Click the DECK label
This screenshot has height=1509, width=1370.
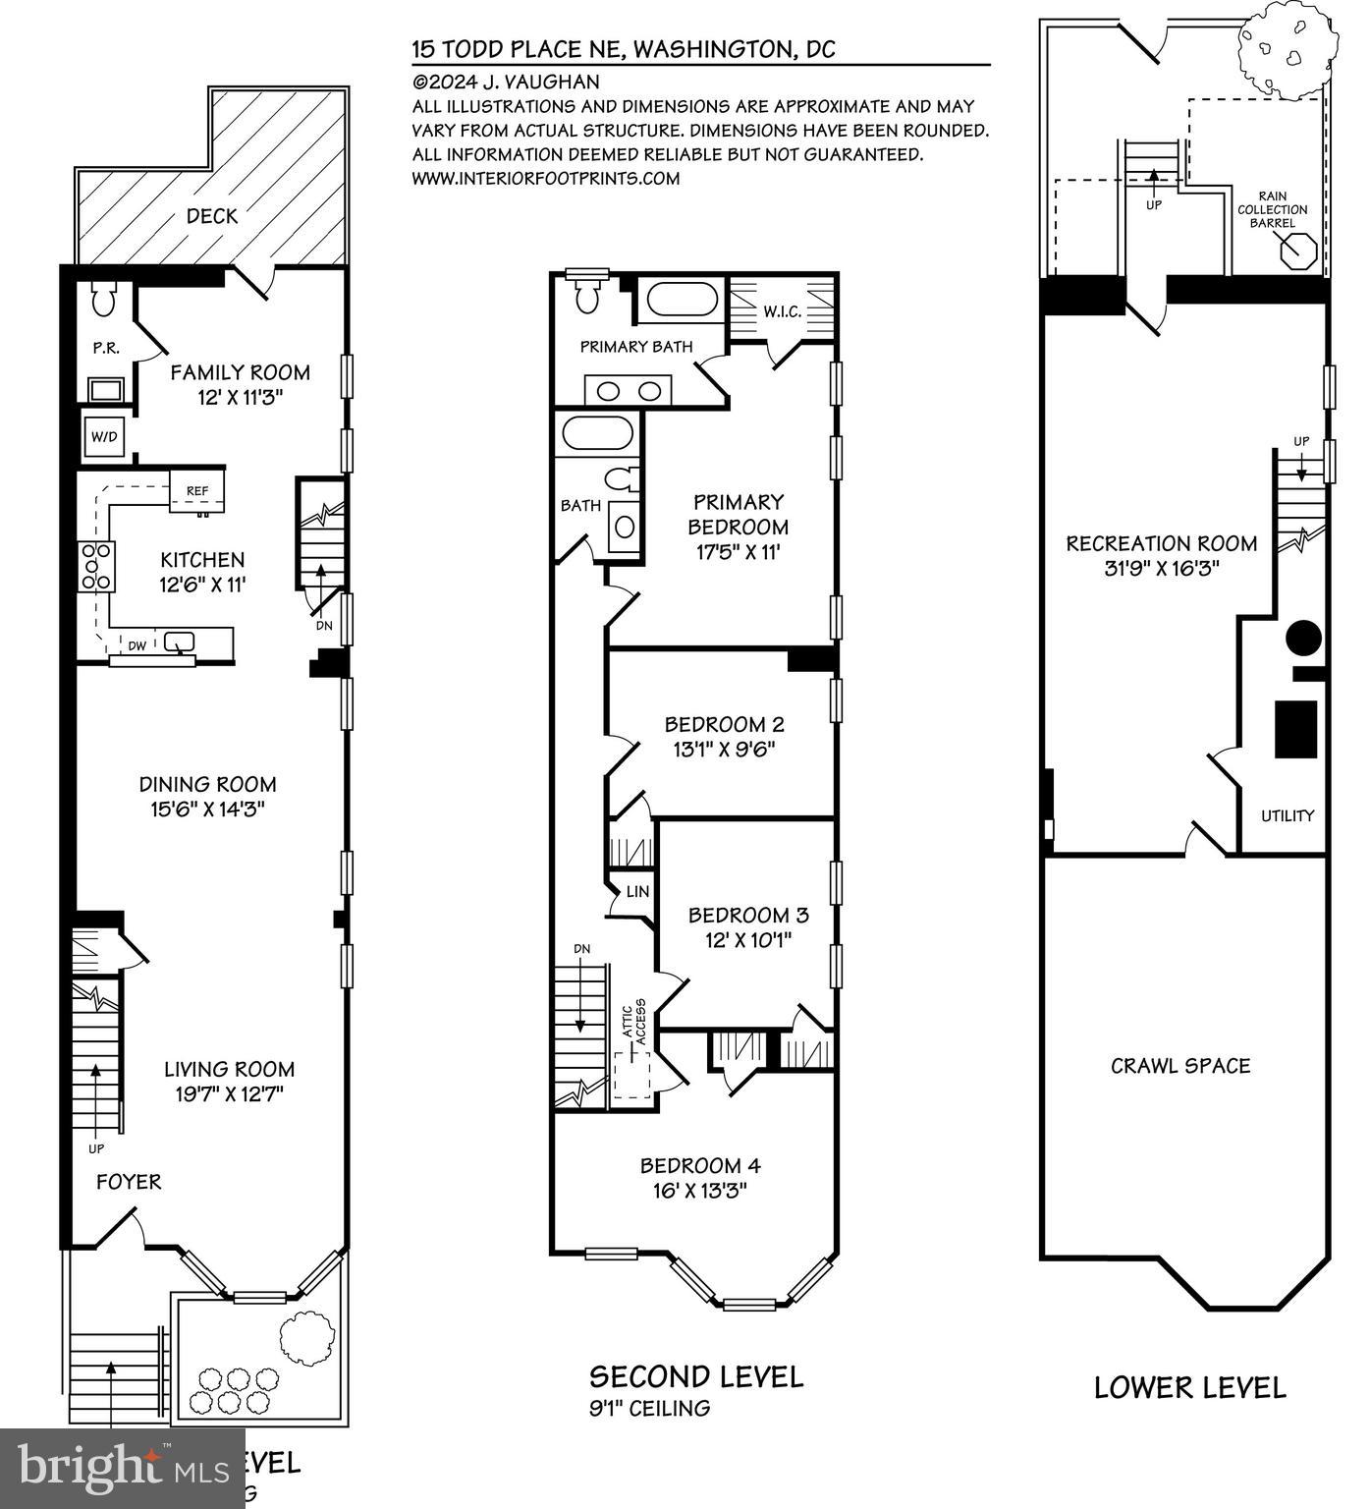(212, 216)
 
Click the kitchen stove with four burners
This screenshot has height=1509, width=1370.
(95, 567)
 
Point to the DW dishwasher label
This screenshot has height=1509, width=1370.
(137, 645)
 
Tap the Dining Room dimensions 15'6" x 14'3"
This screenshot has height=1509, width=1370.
(207, 810)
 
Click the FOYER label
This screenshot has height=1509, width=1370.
(129, 1182)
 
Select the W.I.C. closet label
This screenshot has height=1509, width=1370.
(783, 311)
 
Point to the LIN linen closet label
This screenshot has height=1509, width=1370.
(638, 892)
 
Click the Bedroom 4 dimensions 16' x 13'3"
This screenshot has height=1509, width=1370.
(700, 1191)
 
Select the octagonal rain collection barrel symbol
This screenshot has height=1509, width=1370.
(1299, 250)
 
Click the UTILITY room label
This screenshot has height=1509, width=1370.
(1288, 815)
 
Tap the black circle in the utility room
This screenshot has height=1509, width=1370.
(1303, 638)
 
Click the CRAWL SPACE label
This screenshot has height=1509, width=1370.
(1180, 1066)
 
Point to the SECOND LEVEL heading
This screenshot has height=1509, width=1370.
(695, 1376)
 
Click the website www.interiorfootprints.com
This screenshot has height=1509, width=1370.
(546, 178)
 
